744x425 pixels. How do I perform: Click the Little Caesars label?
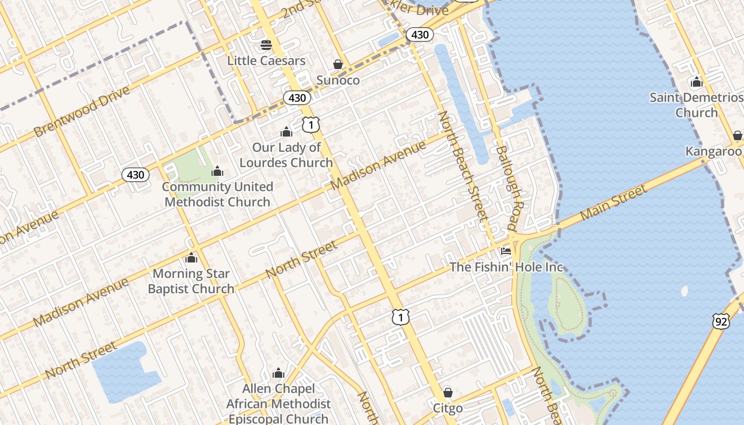pyautogui.click(x=266, y=61)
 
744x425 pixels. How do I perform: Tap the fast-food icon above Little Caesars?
pyautogui.click(x=266, y=45)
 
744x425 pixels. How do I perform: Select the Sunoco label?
pyautogui.click(x=338, y=80)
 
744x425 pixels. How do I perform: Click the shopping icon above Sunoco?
pyautogui.click(x=338, y=64)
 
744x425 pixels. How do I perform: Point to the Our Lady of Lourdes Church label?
pyautogui.click(x=286, y=155)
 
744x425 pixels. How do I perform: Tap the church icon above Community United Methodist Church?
pyautogui.click(x=217, y=171)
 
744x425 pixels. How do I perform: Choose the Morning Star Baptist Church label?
pyautogui.click(x=191, y=282)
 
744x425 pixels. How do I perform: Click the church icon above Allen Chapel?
pyautogui.click(x=278, y=373)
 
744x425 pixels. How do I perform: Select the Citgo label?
pyautogui.click(x=448, y=408)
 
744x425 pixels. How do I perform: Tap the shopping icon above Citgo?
pyautogui.click(x=448, y=393)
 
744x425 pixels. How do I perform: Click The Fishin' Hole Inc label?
pyautogui.click(x=506, y=267)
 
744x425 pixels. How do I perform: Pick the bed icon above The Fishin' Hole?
pyautogui.click(x=506, y=251)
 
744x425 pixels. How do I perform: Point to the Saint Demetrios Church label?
pyautogui.click(x=696, y=105)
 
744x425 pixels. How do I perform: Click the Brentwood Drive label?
pyautogui.click(x=82, y=112)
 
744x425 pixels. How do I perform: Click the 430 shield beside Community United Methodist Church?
pyautogui.click(x=136, y=174)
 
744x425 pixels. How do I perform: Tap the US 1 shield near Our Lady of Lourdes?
pyautogui.click(x=311, y=124)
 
